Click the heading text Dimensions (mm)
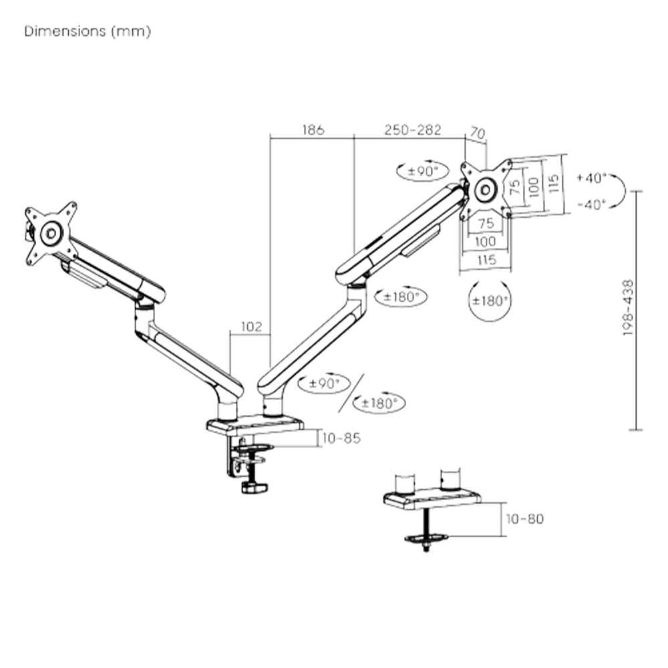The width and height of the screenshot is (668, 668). (88, 31)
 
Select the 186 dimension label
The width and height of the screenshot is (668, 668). (313, 130)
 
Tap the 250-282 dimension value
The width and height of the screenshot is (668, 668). (412, 130)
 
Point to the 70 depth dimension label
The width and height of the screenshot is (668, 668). (477, 134)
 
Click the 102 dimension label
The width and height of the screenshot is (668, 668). (251, 327)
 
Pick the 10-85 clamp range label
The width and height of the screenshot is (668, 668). (341, 438)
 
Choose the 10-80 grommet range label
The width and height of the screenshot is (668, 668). (524, 518)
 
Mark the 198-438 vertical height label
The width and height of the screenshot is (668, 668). (628, 307)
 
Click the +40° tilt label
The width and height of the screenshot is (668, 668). (591, 178)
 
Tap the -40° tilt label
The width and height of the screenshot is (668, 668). (591, 204)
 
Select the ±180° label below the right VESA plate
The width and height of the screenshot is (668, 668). (490, 301)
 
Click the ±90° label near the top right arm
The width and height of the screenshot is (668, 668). (422, 171)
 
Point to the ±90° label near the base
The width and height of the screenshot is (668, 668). (324, 383)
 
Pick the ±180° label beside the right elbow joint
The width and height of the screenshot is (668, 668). (401, 297)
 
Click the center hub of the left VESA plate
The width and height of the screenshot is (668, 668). (51, 233)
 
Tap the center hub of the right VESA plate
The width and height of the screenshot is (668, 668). (485, 189)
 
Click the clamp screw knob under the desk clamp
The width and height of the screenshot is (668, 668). (255, 488)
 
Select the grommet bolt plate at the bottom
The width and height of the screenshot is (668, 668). (426, 538)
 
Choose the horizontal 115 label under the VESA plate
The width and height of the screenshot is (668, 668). (486, 259)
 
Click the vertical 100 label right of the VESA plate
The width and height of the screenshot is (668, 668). (533, 186)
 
